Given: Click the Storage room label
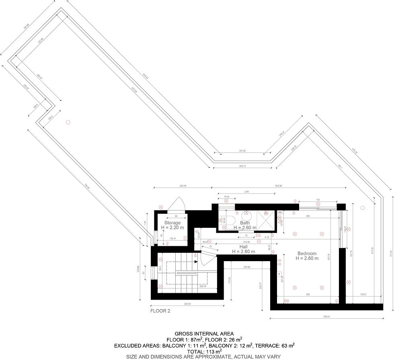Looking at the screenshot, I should [x=172, y=223].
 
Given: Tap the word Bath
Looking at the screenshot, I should [x=245, y=223].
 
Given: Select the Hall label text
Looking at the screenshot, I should [x=243, y=247].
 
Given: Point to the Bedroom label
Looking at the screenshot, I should [x=307, y=254].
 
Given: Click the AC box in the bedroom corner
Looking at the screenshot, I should [x=280, y=212].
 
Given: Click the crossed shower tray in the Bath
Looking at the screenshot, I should [x=265, y=220].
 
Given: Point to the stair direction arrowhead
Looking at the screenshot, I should [x=196, y=262].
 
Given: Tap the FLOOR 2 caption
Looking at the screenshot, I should [x=160, y=311].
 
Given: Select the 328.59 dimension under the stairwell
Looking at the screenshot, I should [x=187, y=304].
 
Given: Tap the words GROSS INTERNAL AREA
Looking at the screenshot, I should [x=197, y=333].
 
